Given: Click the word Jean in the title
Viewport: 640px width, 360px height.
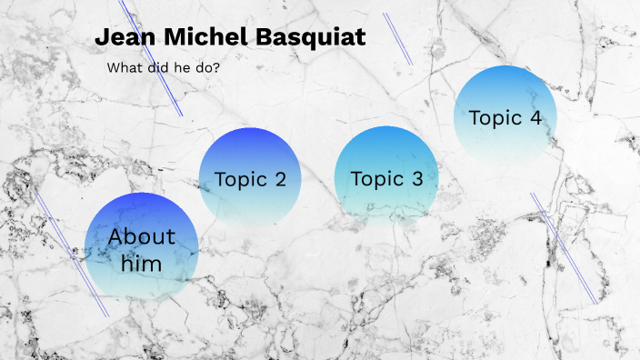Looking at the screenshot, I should (123, 38).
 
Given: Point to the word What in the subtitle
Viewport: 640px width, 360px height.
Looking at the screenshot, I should (124, 68).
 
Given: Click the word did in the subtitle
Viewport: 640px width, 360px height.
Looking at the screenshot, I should (157, 68).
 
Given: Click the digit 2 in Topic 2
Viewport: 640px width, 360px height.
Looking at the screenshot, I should (279, 179).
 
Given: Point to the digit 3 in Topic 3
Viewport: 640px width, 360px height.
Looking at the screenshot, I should (416, 179).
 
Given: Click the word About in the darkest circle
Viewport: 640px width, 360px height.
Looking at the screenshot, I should (141, 237).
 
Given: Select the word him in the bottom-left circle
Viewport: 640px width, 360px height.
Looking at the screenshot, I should (141, 265).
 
